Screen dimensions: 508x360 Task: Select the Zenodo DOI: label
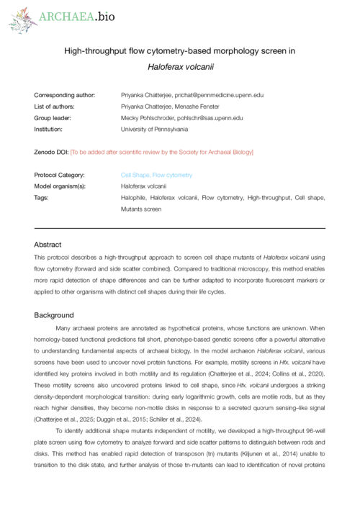(51, 152)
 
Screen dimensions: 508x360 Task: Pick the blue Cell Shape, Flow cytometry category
(156, 175)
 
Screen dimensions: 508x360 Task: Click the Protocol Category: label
(59, 175)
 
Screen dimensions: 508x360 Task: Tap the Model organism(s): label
(60, 186)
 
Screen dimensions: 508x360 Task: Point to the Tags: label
(42, 197)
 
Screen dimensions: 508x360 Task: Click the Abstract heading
(48, 245)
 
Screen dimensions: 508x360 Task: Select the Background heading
(54, 315)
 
